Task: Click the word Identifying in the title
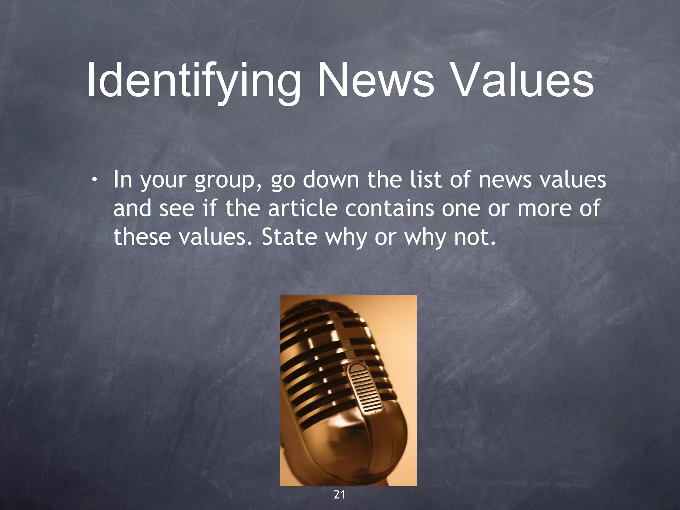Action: [x=193, y=82]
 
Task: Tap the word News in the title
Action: [x=376, y=81]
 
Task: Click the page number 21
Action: [x=339, y=495]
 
